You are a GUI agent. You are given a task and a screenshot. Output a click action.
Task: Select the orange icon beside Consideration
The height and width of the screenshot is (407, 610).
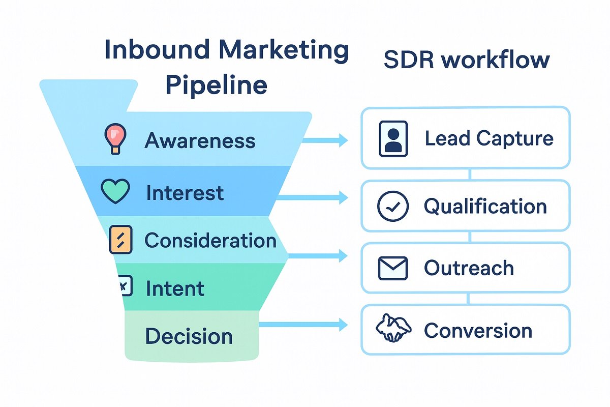[120, 240]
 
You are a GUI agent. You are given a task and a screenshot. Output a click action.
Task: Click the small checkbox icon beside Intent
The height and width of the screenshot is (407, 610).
[125, 286]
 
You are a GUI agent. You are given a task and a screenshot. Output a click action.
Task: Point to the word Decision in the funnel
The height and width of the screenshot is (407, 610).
[189, 336]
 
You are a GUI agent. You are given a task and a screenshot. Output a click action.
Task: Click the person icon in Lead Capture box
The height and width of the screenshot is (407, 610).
[393, 138]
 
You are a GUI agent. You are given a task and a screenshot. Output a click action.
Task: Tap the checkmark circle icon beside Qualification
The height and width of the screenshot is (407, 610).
[393, 206]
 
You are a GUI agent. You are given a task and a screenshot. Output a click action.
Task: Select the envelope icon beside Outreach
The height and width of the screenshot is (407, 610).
[393, 268]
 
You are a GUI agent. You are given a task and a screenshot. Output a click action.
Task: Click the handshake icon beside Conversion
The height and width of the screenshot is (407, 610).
[393, 330]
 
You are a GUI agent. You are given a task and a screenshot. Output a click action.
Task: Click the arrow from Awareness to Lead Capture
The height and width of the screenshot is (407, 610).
[325, 140]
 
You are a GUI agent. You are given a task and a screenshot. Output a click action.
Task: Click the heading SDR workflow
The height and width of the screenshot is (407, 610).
[466, 60]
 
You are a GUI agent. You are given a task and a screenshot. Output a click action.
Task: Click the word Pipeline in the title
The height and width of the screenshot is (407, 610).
[217, 84]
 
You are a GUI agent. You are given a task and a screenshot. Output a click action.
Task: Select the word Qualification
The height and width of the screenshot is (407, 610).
[485, 206]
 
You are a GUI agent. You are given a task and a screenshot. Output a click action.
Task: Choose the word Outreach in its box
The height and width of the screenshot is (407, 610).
[469, 268]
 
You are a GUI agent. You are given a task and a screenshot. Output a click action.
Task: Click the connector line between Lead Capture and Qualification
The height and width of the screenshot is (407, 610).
[469, 175]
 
